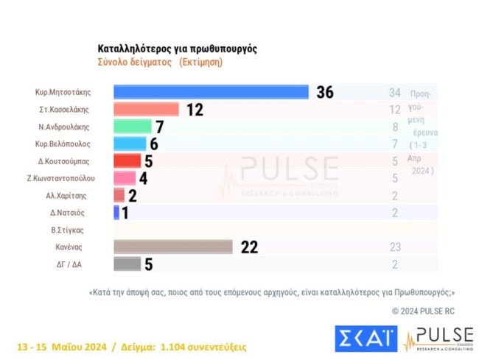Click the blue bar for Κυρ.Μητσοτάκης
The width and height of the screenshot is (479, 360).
[x=211, y=92]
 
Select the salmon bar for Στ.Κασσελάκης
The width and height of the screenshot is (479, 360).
[x=146, y=109]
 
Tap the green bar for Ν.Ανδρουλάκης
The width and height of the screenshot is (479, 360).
[x=132, y=127]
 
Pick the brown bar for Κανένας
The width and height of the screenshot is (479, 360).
[x=173, y=247]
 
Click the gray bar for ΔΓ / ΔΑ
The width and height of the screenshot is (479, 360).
[x=127, y=264]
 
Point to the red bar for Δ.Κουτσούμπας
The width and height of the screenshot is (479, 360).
[x=127, y=160]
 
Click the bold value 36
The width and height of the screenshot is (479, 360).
[x=325, y=92]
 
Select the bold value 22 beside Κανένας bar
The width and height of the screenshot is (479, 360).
[x=249, y=247]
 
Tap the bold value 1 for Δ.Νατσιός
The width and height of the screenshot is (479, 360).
[x=126, y=213]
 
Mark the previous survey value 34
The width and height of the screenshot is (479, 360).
[x=395, y=92]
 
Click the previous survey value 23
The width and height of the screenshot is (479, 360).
[x=395, y=247]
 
